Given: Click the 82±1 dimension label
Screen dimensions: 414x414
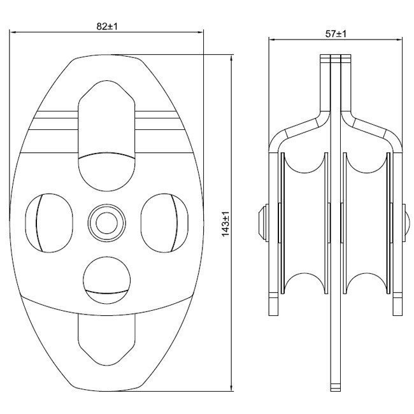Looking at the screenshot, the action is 106,26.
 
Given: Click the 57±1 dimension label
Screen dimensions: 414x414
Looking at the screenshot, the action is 336,34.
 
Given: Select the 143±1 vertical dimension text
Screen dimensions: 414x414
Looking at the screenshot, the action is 225,224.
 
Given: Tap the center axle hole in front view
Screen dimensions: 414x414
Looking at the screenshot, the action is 106,223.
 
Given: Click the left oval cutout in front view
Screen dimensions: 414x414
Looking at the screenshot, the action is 49,223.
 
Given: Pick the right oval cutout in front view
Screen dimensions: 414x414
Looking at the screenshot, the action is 165,223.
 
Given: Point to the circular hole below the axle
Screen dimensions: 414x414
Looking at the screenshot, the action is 106,280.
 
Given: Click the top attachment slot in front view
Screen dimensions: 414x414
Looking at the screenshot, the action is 106,136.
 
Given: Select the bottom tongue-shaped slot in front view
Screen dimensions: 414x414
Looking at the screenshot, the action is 106,341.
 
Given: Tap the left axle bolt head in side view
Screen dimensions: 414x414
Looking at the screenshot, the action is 263,222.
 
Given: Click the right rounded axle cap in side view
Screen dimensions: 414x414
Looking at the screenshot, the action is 406,222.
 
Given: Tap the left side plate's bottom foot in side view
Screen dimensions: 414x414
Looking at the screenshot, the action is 273,304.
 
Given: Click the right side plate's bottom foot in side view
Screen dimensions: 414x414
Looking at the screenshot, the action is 398,304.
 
